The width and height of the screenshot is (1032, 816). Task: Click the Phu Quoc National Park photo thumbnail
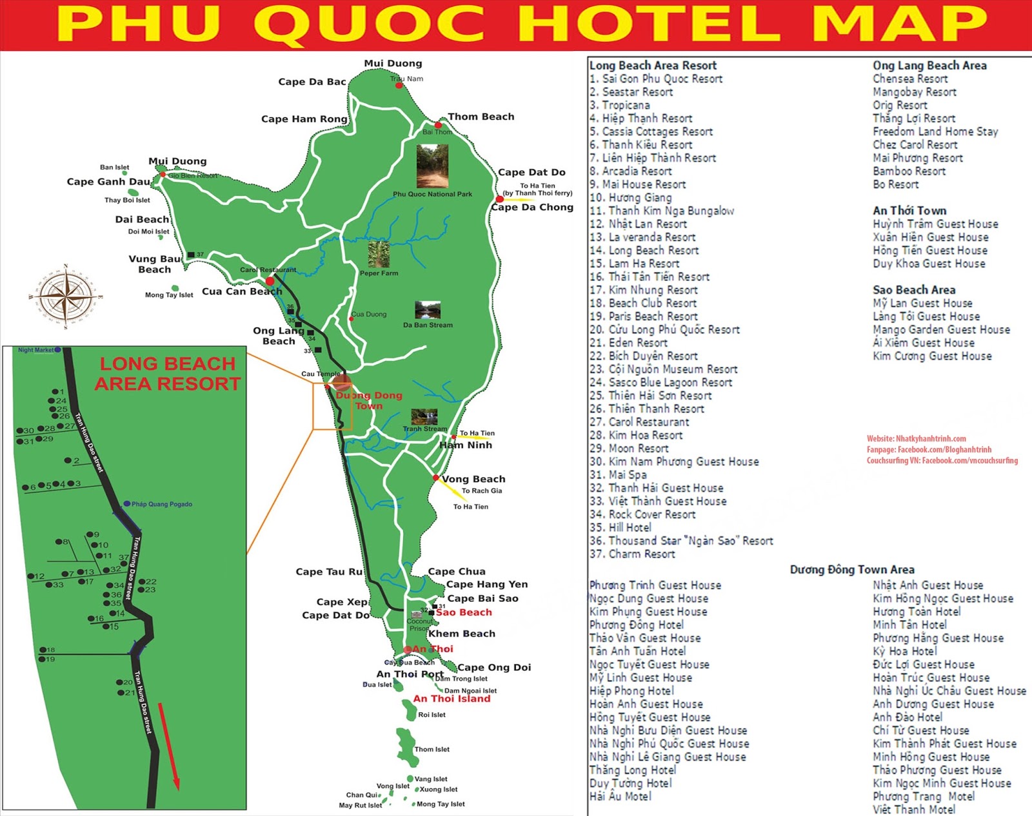click(432, 166)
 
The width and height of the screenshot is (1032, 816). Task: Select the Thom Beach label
click(481, 117)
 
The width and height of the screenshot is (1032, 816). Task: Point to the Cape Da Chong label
click(531, 207)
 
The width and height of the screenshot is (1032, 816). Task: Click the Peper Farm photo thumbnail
click(379, 254)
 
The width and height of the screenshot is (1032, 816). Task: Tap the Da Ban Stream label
click(428, 325)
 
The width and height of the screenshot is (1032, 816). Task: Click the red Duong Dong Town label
click(369, 400)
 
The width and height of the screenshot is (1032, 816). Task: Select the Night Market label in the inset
click(35, 350)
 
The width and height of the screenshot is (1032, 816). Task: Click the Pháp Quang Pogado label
click(161, 504)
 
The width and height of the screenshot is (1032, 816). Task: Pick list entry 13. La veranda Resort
click(642, 237)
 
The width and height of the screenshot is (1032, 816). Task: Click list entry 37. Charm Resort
click(632, 554)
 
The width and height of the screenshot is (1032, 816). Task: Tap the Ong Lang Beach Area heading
click(929, 65)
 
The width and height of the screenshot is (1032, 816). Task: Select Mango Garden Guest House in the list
click(941, 329)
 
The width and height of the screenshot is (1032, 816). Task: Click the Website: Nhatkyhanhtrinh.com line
click(916, 438)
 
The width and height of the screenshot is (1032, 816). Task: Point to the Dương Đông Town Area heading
click(851, 569)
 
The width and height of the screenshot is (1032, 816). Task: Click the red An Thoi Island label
click(451, 699)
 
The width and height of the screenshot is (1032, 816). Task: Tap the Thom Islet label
click(432, 749)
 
